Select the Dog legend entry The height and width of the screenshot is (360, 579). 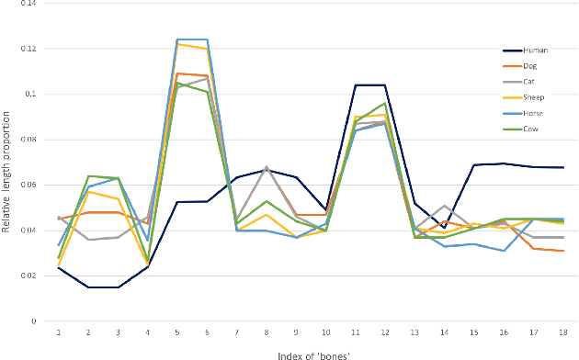click(x=530, y=65)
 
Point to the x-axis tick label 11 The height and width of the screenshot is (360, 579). click(x=356, y=332)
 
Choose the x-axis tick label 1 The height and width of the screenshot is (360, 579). click(x=59, y=332)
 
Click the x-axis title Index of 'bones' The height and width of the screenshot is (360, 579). click(x=311, y=354)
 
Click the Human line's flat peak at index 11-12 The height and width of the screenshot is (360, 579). click(x=369, y=84)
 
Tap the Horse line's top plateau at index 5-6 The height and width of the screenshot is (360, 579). click(x=192, y=39)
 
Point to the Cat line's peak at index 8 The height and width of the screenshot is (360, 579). click(x=267, y=167)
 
